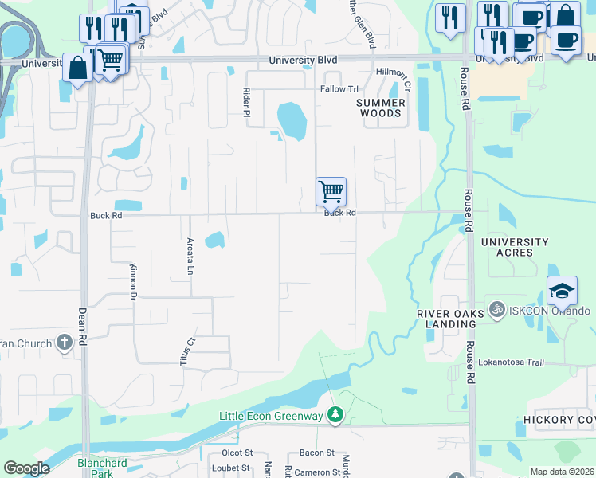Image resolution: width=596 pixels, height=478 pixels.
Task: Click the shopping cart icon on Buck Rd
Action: point(331,192)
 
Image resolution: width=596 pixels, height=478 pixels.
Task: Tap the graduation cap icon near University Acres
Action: point(562,291)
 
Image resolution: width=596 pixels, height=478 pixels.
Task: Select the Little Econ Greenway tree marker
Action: point(335,414)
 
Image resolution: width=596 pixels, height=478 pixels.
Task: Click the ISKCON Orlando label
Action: point(549,311)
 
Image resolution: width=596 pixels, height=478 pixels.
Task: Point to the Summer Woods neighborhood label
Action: point(381,108)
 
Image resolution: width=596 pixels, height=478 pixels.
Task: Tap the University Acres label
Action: point(516,247)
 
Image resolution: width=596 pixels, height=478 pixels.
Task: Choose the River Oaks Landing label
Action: point(451,319)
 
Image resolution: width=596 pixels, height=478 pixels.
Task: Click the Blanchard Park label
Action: point(102,468)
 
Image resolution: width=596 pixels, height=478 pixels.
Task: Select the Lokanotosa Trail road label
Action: point(511,362)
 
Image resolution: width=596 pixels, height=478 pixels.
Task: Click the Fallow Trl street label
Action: point(339,89)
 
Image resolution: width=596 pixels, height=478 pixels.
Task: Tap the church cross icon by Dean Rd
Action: point(65,343)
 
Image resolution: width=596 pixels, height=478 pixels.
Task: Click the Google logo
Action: point(26,468)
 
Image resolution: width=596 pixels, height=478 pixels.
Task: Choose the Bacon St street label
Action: point(316,453)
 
